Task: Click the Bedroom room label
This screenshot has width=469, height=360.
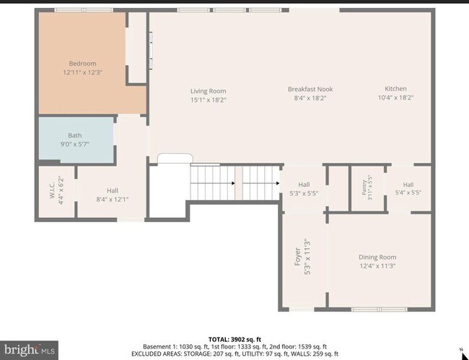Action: (x=82, y=63)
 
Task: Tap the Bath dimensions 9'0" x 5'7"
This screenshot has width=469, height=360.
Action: (x=75, y=144)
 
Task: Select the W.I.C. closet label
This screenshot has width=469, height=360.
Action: (x=51, y=190)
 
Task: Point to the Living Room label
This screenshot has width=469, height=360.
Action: (x=209, y=91)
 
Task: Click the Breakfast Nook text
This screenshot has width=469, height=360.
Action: (x=310, y=89)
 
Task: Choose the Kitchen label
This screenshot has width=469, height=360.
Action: (x=395, y=89)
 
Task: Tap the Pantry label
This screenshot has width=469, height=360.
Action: (x=364, y=188)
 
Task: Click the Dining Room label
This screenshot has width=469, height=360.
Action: (x=377, y=257)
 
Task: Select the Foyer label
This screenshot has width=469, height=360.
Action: (x=297, y=257)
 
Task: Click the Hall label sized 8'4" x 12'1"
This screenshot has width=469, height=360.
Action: (x=113, y=190)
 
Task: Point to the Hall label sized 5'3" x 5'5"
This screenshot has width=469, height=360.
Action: (x=304, y=185)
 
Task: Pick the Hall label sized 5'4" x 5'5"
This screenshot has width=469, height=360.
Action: (x=408, y=185)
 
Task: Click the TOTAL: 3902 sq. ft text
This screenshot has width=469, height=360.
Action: (x=234, y=339)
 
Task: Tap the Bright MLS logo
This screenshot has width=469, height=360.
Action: (x=29, y=350)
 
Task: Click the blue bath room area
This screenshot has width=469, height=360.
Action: (x=76, y=140)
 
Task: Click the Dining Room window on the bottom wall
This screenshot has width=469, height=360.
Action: (x=379, y=309)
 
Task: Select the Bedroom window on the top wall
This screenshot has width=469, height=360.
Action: (x=84, y=10)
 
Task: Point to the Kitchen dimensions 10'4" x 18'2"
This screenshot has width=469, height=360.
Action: (x=395, y=97)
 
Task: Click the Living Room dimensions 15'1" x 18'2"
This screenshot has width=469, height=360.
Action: (x=209, y=100)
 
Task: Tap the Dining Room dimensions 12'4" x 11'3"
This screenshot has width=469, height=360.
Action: (x=377, y=265)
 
